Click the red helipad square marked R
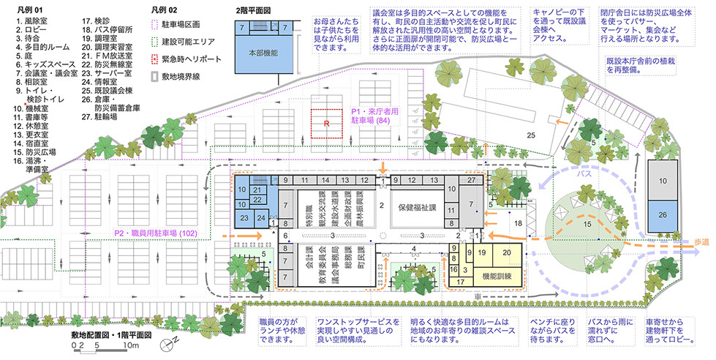click(328, 124)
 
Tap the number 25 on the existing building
click(531, 135)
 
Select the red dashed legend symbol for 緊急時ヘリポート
click(154, 58)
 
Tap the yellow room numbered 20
click(507, 252)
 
